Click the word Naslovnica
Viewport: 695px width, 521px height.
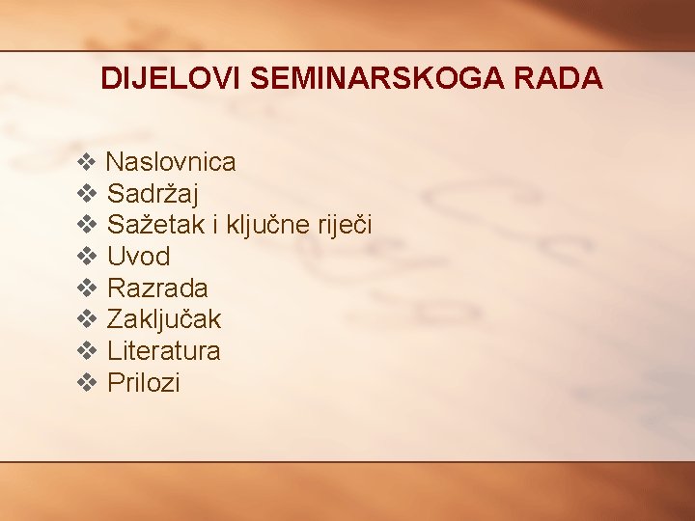[170, 162]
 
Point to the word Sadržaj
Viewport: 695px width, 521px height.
[153, 194]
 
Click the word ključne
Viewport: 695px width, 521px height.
[265, 226]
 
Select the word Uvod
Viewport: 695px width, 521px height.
[138, 257]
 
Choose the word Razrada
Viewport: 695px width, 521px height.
[157, 288]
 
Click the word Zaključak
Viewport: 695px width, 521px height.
[164, 319]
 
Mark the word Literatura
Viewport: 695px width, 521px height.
[163, 350]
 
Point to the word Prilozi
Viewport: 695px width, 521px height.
[143, 382]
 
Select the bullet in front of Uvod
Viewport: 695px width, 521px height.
[86, 257]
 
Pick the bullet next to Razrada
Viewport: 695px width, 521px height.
[86, 288]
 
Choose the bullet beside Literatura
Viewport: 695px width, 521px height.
[86, 350]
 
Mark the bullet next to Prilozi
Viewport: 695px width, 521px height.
[86, 382]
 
